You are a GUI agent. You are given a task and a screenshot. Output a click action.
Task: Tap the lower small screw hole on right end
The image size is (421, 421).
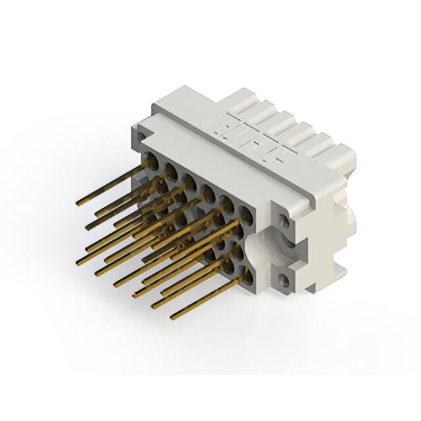click(284, 282)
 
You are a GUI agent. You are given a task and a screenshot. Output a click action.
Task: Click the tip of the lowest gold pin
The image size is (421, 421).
click(173, 317)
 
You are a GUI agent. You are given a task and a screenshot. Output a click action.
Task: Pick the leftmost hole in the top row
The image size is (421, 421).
click(151, 160)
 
